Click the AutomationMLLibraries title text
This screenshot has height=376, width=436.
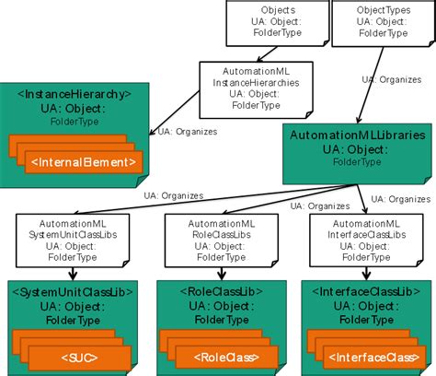(x=358, y=135)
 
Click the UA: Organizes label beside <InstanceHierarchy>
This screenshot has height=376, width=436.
(x=188, y=131)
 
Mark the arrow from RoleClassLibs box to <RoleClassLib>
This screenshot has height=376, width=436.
(x=214, y=274)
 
